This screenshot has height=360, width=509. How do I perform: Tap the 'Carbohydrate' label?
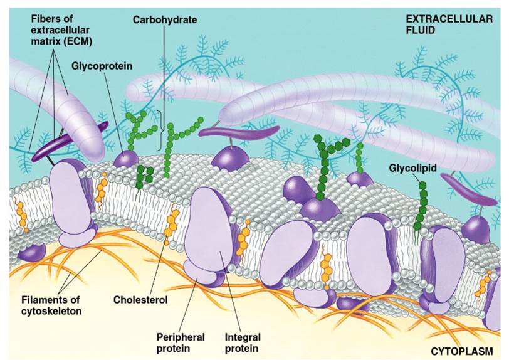[x=164, y=19]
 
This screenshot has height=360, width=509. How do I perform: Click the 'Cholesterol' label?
[x=140, y=299]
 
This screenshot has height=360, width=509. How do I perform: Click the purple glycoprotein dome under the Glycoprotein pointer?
[x=126, y=157]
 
